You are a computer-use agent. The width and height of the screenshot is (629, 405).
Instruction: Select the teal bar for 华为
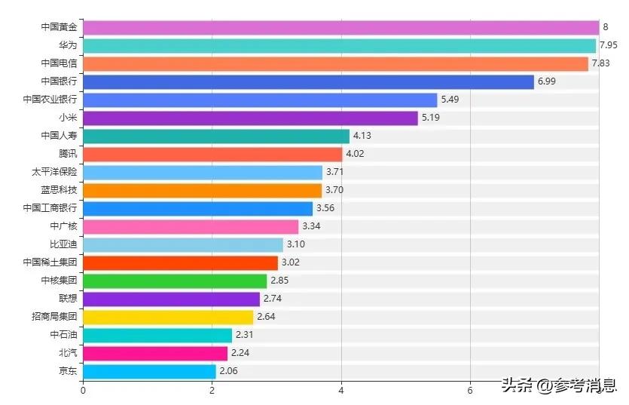tap(339, 45)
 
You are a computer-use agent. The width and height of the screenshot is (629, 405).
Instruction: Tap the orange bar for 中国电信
tap(335, 63)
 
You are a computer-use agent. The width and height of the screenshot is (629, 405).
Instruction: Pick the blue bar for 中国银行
tap(308, 81)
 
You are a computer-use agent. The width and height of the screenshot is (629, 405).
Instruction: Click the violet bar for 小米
tap(250, 118)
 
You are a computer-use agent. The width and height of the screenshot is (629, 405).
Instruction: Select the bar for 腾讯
tap(212, 154)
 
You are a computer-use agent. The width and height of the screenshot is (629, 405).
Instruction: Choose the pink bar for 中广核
tap(191, 226)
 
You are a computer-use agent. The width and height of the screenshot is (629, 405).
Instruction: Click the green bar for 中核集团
tap(175, 281)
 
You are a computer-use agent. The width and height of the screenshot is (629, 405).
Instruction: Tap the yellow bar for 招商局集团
tap(168, 317)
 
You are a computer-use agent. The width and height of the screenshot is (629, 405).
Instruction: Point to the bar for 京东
tap(149, 371)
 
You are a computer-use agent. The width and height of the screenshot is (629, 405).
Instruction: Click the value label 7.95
tap(609, 45)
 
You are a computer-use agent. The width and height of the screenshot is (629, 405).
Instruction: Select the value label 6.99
tap(546, 81)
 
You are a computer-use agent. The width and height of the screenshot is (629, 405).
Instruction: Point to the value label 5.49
tap(450, 100)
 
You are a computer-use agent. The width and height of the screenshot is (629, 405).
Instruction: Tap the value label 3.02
tap(291, 262)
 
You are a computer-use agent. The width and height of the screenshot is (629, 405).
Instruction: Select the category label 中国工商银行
tap(50, 208)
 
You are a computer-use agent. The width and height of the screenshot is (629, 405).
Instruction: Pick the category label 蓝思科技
tap(59, 190)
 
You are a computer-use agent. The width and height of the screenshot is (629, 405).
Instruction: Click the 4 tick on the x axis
tap(341, 391)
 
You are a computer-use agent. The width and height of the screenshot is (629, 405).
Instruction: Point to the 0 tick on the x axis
tap(83, 391)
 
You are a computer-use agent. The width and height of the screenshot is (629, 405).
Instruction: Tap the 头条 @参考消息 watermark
tap(559, 385)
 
